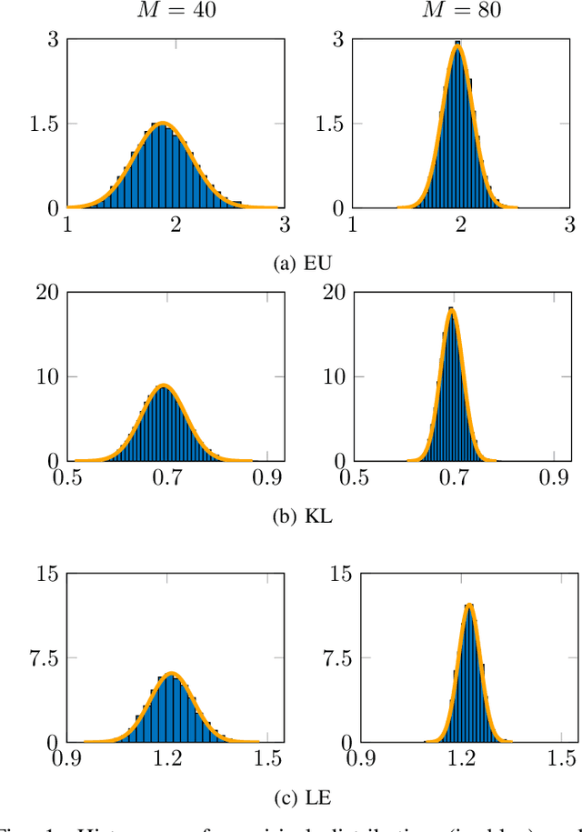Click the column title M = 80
pos(461,13)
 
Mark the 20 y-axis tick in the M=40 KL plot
pos(45,292)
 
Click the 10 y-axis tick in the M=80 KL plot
pos(332,376)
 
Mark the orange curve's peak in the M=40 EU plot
pos(163,124)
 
